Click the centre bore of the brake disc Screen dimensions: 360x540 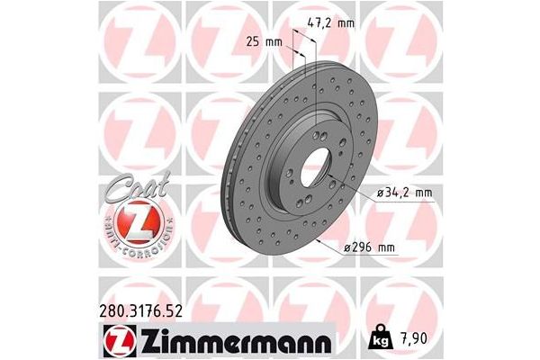pyautogui.click(x=315, y=170)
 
